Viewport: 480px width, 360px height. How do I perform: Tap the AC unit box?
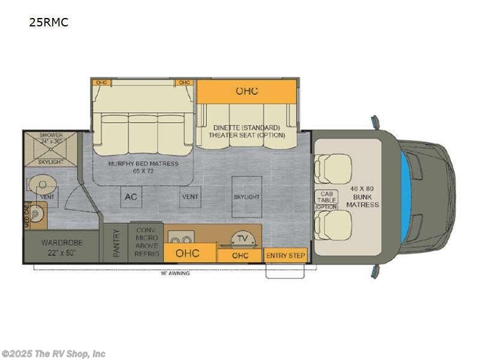tap(130, 196)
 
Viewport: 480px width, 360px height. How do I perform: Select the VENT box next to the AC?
tap(190, 196)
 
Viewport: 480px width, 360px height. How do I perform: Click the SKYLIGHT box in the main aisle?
tap(247, 196)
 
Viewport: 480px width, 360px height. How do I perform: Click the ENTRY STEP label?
tap(286, 256)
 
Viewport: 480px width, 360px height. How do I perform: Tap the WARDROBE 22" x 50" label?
tap(61, 247)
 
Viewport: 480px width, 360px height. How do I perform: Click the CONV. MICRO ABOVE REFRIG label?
tap(147, 242)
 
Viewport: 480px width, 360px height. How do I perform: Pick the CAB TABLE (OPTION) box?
tap(326, 200)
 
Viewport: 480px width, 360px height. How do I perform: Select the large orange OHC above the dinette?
tap(247, 91)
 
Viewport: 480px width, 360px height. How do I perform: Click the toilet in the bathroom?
tap(40, 183)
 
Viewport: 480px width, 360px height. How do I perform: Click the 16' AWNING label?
tap(175, 274)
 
